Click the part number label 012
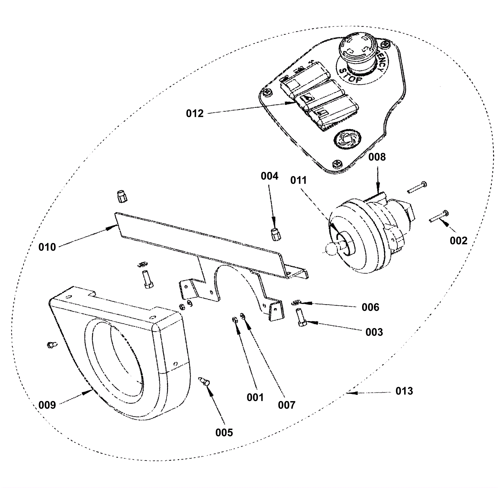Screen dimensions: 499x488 click(195, 113)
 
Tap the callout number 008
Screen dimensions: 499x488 click(377, 157)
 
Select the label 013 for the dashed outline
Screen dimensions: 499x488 click(404, 391)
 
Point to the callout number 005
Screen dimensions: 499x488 click(224, 432)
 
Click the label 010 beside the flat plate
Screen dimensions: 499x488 click(47, 247)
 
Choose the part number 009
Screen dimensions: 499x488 click(47, 405)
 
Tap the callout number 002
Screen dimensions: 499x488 click(458, 241)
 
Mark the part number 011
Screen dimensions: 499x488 click(298, 180)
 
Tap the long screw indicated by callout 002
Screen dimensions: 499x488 click(438, 217)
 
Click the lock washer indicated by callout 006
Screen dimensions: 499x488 click(296, 302)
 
